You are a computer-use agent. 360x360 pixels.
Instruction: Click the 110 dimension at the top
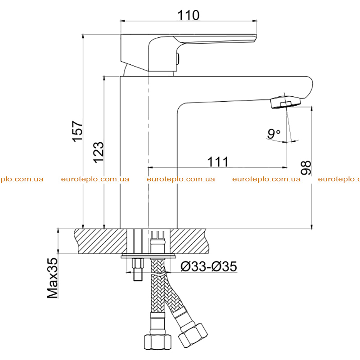pyautogui.click(x=188, y=15)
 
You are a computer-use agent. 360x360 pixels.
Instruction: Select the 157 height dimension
pyautogui.click(x=77, y=131)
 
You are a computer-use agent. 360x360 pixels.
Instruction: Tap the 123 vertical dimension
pyautogui.click(x=99, y=153)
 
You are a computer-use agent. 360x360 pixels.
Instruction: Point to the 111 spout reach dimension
pyautogui.click(x=218, y=162)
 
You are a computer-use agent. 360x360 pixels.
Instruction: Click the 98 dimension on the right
pyautogui.click(x=306, y=167)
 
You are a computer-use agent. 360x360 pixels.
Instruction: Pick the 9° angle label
pyautogui.click(x=274, y=133)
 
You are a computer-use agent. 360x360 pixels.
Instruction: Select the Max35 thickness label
pyautogui.click(x=53, y=278)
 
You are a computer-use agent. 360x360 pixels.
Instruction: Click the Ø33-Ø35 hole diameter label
pyautogui.click(x=209, y=266)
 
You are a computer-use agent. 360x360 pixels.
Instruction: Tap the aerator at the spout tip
pyautogui.click(x=285, y=103)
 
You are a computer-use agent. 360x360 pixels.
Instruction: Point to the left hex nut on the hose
pyautogui.click(x=158, y=342)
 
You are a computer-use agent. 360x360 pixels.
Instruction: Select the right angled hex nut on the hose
pyautogui.click(x=193, y=335)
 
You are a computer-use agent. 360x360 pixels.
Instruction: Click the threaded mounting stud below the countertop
pyautogui.click(x=138, y=269)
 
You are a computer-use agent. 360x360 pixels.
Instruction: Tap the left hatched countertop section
pyautogui.click(x=100, y=241)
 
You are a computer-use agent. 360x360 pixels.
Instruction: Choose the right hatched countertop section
pyautogui.click(x=189, y=241)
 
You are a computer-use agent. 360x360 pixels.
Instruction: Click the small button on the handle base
pyautogui.click(x=177, y=60)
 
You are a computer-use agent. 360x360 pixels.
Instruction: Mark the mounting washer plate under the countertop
pyautogui.click(x=148, y=256)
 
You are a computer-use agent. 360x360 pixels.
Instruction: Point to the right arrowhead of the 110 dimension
pyautogui.click(x=254, y=21)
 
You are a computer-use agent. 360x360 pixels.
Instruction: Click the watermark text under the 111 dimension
pyautogui.click(x=181, y=179)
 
